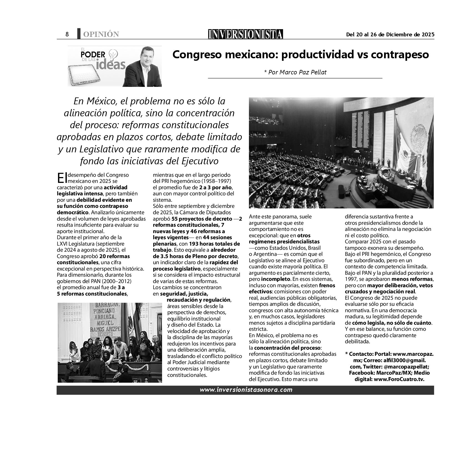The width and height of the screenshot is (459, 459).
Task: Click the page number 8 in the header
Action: (67, 34)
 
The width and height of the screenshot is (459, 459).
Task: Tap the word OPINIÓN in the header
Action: (101, 34)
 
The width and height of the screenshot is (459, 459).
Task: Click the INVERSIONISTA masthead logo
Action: (246, 34)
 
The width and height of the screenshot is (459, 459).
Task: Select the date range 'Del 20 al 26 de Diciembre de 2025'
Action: (390, 35)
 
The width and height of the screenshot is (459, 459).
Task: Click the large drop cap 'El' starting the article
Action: (62, 178)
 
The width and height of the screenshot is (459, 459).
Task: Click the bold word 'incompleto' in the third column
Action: (276, 279)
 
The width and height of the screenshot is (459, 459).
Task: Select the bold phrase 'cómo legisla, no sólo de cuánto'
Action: (392, 323)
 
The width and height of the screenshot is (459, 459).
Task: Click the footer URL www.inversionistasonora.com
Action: (246, 390)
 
